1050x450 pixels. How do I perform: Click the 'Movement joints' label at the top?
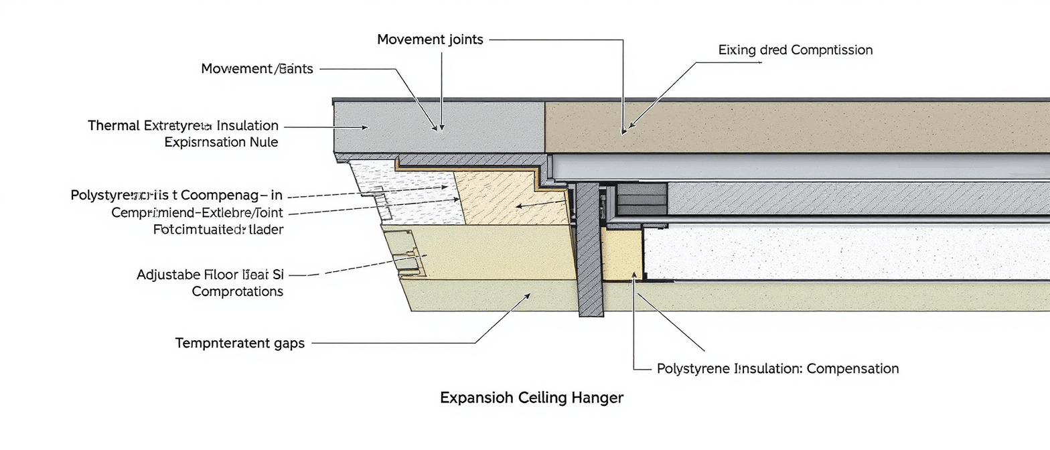point(430,40)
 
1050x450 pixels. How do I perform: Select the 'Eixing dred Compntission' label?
point(795,50)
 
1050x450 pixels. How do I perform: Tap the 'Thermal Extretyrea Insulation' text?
point(183,125)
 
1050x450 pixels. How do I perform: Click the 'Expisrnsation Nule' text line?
point(221,142)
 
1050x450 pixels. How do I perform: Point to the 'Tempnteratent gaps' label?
point(240,344)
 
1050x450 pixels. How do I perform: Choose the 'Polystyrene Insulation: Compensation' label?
point(777,368)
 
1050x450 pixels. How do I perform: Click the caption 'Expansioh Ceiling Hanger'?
point(531,398)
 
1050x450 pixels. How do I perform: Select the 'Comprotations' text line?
point(237,291)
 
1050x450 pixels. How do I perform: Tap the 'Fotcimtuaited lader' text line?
point(218,230)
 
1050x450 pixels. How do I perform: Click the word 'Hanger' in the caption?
point(597,398)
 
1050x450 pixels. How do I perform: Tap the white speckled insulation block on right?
point(844,251)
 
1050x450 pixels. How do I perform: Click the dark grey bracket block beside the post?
point(641,198)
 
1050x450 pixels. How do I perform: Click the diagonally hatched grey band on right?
point(857,198)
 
